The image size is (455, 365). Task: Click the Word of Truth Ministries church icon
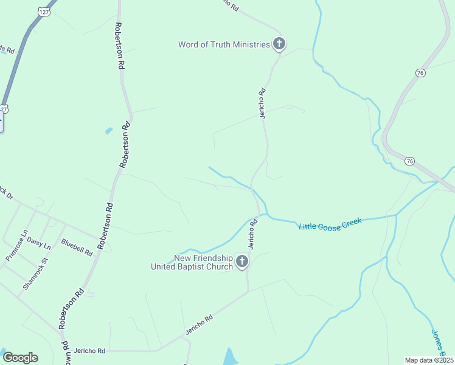279,44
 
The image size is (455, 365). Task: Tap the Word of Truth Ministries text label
223,44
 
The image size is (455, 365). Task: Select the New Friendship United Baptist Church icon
242,262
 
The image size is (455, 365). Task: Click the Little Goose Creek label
330,223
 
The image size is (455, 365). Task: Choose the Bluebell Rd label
77,247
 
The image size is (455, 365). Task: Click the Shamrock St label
35,273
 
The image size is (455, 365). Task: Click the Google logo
20,357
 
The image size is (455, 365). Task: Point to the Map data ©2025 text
429,360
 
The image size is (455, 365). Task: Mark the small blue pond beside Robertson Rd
109,130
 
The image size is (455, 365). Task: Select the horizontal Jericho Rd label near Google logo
89,351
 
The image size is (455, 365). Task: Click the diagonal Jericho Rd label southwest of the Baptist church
200,326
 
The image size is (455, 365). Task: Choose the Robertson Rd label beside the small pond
125,144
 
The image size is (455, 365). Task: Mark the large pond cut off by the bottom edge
230,357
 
